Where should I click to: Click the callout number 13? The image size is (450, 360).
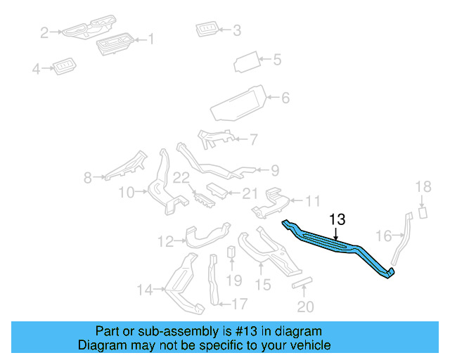pyautogui.click(x=338, y=220)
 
